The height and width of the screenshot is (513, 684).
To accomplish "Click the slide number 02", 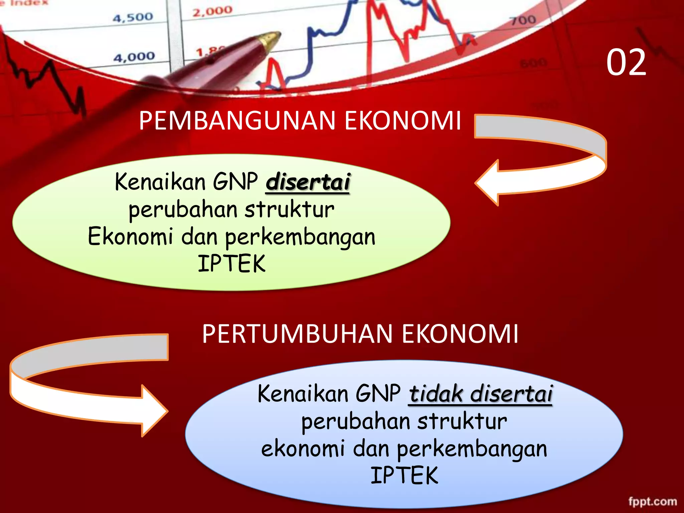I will click(x=626, y=62).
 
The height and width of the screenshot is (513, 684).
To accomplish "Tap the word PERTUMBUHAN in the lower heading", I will click(x=297, y=334).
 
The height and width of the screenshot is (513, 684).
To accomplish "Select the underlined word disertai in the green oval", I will click(x=308, y=182).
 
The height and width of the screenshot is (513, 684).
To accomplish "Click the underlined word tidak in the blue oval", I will click(x=436, y=394).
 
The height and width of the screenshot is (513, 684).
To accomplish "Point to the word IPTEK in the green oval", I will click(x=231, y=264).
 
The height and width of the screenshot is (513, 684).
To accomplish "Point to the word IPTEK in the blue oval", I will click(x=404, y=476).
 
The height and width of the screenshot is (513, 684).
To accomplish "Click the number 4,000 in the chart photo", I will click(x=134, y=57).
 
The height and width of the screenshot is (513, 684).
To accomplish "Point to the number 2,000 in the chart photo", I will click(x=212, y=11).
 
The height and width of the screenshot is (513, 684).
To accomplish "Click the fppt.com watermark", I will click(x=653, y=501).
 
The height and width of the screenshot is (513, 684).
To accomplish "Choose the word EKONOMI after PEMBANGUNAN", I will click(x=402, y=121).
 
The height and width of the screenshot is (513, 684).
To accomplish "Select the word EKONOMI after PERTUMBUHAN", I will click(x=460, y=334).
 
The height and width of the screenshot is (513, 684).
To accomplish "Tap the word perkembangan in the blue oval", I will click(x=472, y=449).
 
